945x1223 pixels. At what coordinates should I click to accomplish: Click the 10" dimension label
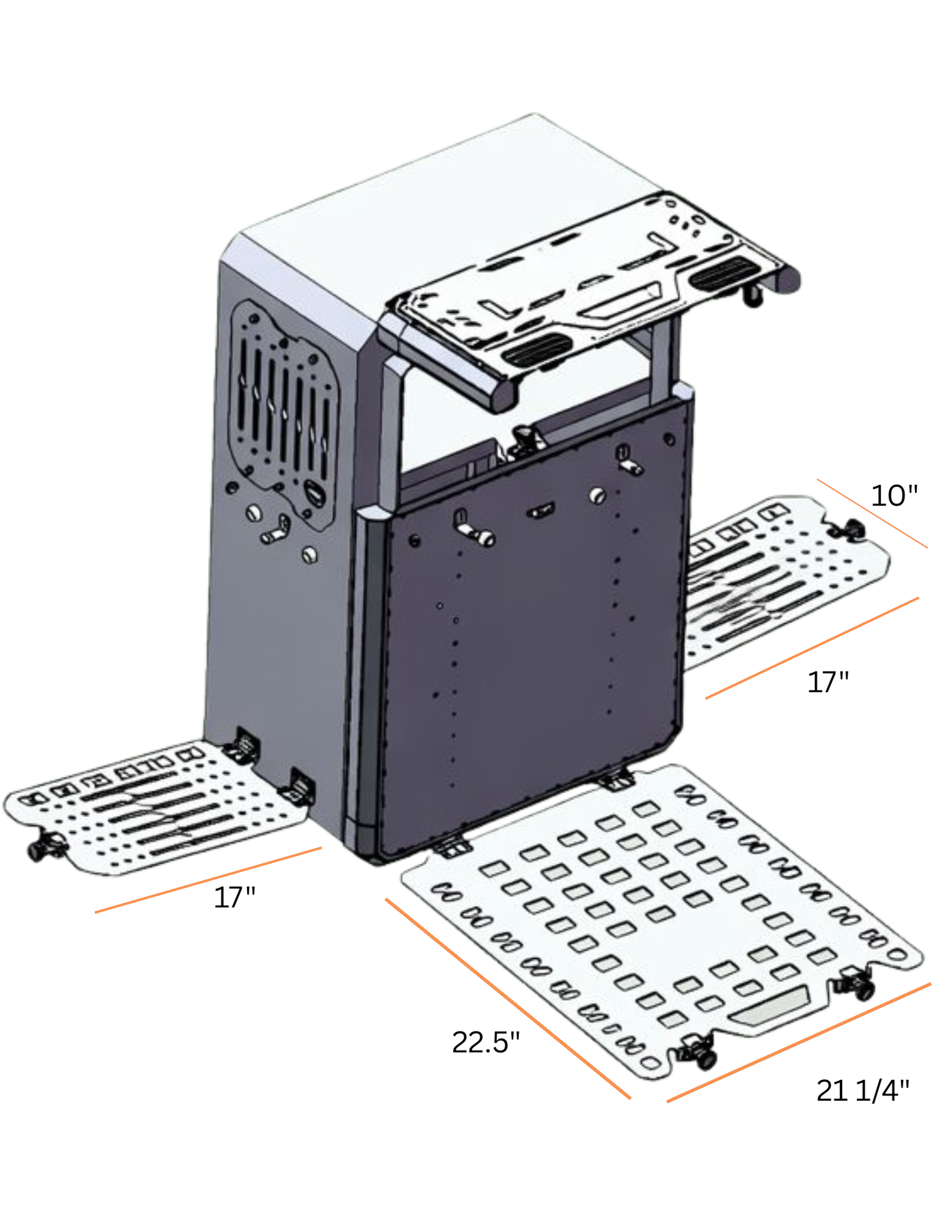click(894, 496)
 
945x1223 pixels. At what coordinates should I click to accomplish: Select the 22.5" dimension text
click(485, 1042)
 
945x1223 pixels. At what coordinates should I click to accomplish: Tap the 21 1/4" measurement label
click(863, 1090)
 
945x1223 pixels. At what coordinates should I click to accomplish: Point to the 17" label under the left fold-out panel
click(234, 897)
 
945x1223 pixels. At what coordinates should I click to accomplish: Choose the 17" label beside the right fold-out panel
click(828, 682)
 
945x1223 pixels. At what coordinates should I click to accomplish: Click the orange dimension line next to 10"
click(872, 514)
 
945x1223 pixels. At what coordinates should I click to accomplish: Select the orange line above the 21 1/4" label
click(799, 1042)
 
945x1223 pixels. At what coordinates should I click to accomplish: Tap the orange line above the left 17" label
click(208, 880)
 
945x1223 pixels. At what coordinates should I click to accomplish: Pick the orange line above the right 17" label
click(812, 648)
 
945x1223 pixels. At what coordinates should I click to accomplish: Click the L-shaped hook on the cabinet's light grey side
click(277, 530)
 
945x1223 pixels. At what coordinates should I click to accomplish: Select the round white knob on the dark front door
click(596, 495)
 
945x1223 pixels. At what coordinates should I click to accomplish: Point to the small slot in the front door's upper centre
click(541, 511)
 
